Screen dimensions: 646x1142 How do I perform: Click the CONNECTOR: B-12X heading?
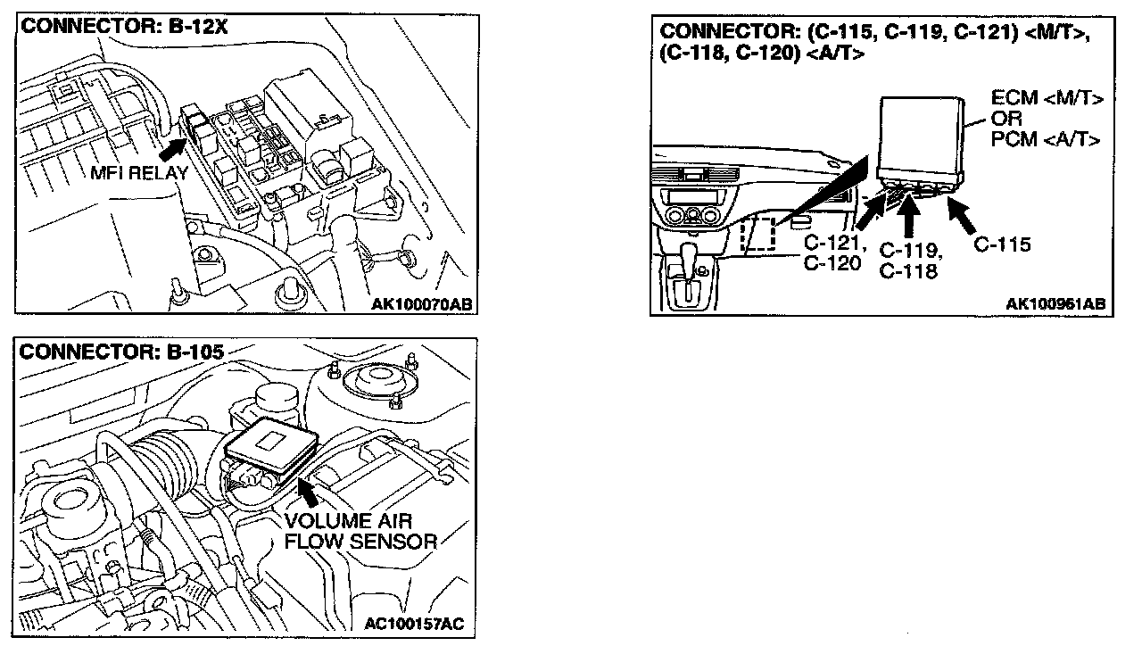(125, 26)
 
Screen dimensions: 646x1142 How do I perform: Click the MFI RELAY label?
(139, 173)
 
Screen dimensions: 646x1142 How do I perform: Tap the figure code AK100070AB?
(421, 304)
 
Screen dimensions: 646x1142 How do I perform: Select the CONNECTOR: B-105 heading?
(121, 351)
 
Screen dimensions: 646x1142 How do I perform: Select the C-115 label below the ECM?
(1002, 244)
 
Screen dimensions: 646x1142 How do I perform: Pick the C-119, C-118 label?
(909, 261)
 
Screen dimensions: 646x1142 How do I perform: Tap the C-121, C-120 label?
(832, 252)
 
